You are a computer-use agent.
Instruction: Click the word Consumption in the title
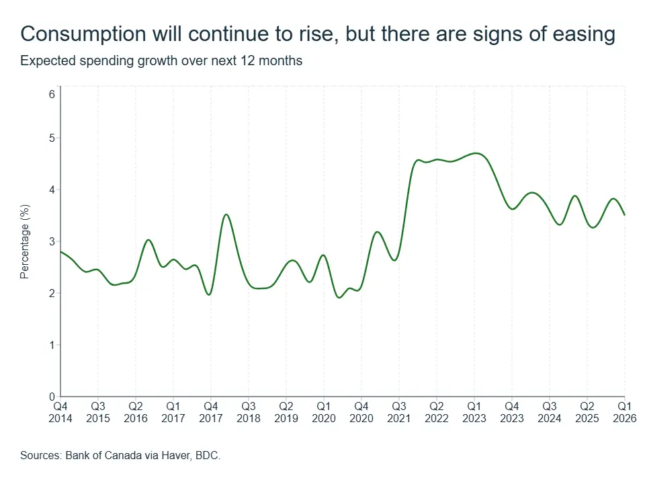point(83,34)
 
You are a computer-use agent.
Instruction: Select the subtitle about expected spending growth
point(161,61)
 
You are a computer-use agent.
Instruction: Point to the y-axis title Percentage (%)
point(25,241)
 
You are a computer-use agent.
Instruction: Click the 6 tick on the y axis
point(52,95)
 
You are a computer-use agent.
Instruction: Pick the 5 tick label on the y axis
point(52,138)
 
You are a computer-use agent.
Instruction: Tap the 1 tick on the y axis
point(52,345)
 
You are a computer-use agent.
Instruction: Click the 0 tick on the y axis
point(52,397)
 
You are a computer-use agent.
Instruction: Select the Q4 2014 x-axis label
point(60,412)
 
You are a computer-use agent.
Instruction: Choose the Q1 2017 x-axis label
point(173,412)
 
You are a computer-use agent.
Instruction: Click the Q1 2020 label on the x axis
point(324,412)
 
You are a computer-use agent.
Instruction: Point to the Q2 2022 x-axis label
point(437,412)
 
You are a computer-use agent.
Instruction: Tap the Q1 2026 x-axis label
point(624,412)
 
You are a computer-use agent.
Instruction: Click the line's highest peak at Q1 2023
point(476,153)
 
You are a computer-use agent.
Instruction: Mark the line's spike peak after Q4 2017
point(226,214)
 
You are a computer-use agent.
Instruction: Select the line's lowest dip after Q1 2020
point(339,297)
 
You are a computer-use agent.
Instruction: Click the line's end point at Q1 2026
point(624,215)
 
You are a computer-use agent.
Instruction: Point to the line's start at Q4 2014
point(61,251)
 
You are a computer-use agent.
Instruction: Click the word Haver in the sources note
point(176,455)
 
